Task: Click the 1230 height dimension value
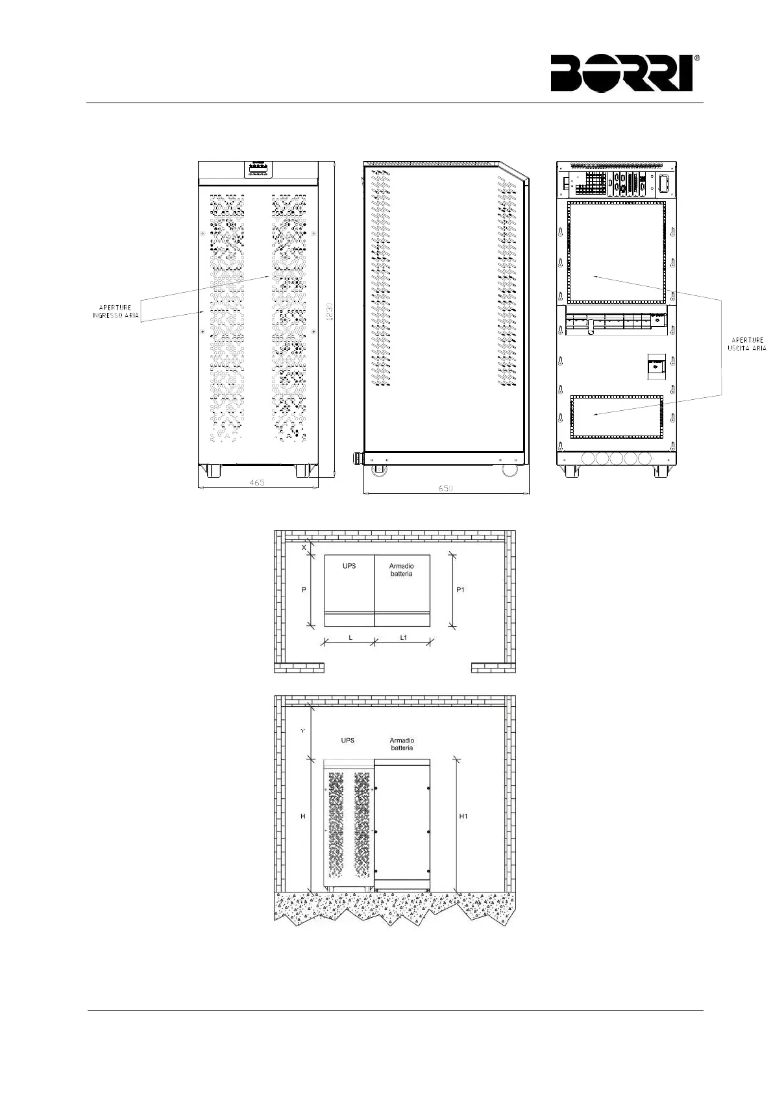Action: tap(330, 312)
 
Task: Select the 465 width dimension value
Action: tap(257, 483)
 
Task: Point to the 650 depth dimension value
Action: tap(445, 488)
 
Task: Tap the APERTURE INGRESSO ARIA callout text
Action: tap(115, 312)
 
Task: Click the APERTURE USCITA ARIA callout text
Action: tap(747, 344)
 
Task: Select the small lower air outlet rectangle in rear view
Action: tap(617, 416)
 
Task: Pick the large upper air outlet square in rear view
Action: tap(617, 252)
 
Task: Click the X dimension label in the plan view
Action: tap(304, 548)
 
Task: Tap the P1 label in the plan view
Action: tap(460, 589)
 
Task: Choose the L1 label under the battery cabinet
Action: tap(404, 637)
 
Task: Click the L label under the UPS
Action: tap(350, 637)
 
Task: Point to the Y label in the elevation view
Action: tap(303, 730)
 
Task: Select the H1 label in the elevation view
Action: tap(463, 816)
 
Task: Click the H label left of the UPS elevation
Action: tap(303, 816)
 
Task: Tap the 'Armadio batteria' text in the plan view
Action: tap(401, 569)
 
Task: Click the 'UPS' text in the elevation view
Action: tap(347, 740)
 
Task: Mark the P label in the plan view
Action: tap(304, 589)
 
